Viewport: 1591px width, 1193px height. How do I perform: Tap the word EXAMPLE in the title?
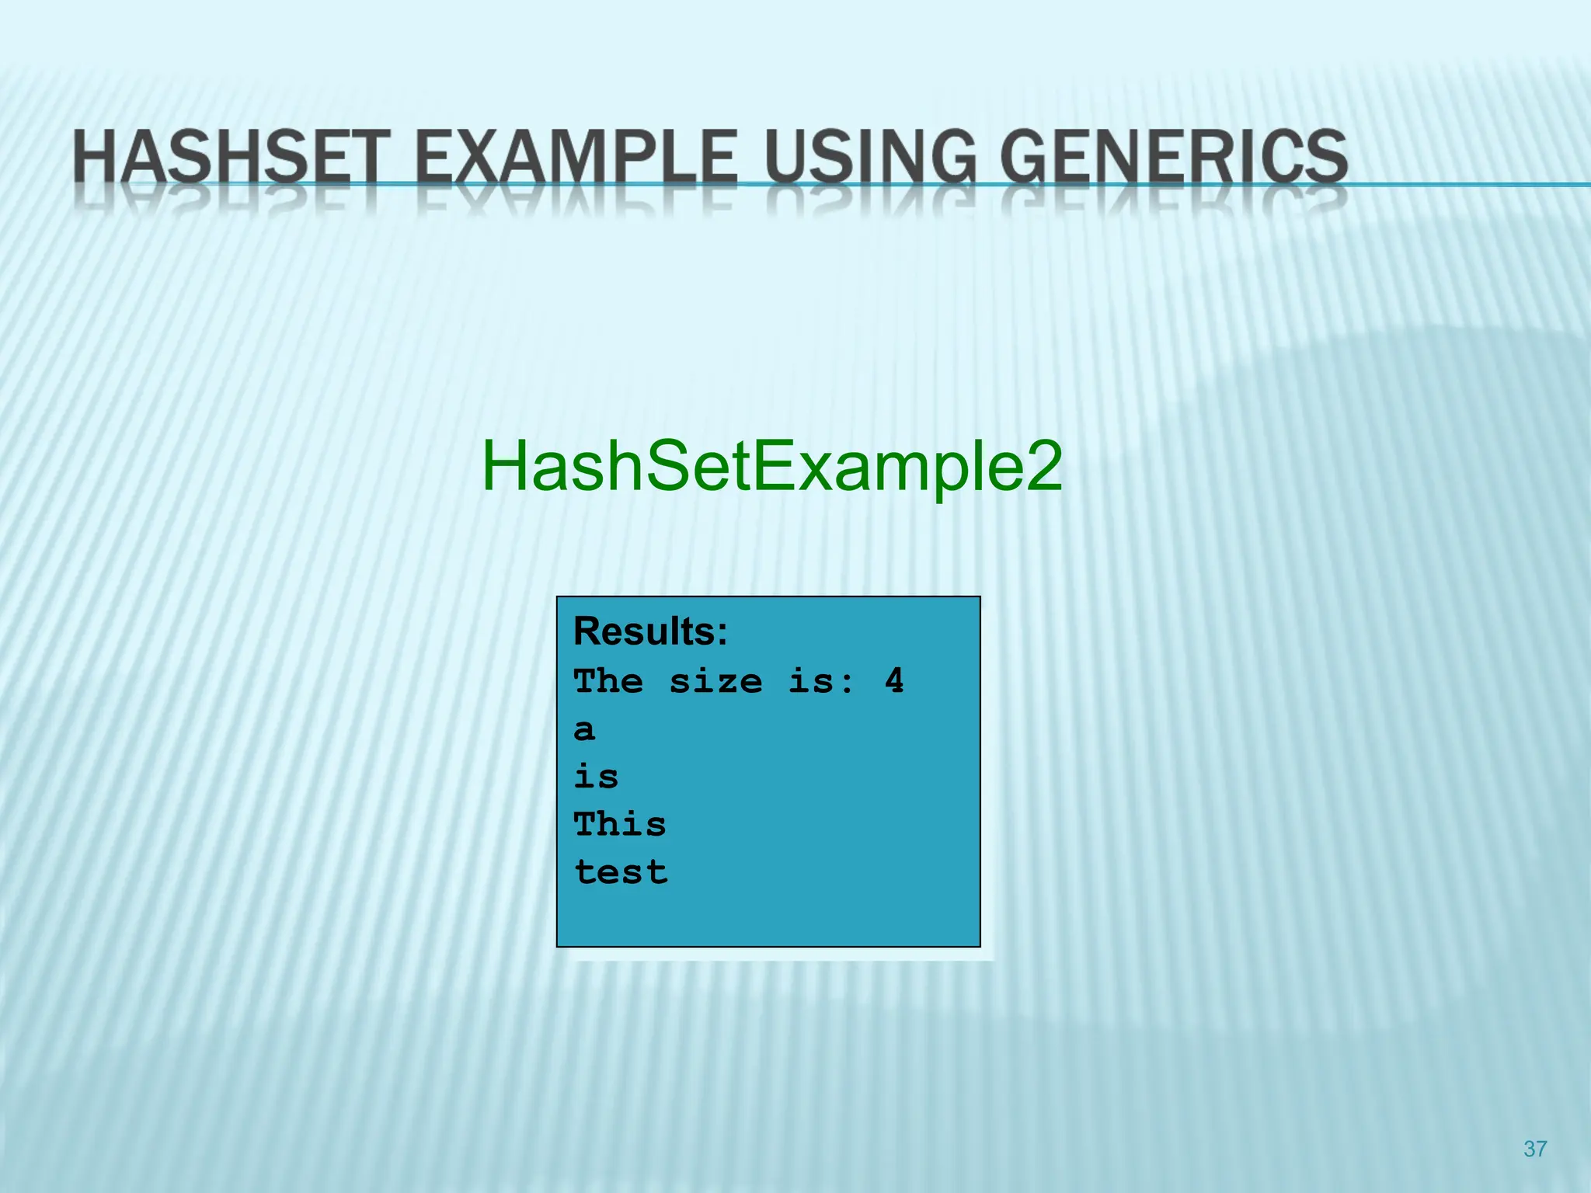tap(575, 157)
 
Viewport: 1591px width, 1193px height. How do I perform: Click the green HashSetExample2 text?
tap(771, 466)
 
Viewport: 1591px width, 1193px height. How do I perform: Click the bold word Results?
tap(650, 631)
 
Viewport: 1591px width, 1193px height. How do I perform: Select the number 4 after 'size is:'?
tap(894, 681)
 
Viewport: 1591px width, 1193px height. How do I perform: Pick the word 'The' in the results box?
tap(608, 681)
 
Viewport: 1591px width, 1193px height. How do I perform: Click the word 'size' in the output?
tap(715, 681)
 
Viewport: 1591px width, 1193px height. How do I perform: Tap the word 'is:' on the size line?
tap(821, 681)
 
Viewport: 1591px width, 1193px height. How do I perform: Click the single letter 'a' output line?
tap(584, 730)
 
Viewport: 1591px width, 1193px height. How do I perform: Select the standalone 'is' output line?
tap(596, 777)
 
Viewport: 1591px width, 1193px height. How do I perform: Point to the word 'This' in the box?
tap(620, 824)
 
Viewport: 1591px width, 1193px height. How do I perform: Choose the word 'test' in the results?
tap(621, 872)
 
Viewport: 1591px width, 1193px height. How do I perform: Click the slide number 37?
tap(1534, 1149)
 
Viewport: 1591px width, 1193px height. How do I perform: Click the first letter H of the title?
tap(96, 157)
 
